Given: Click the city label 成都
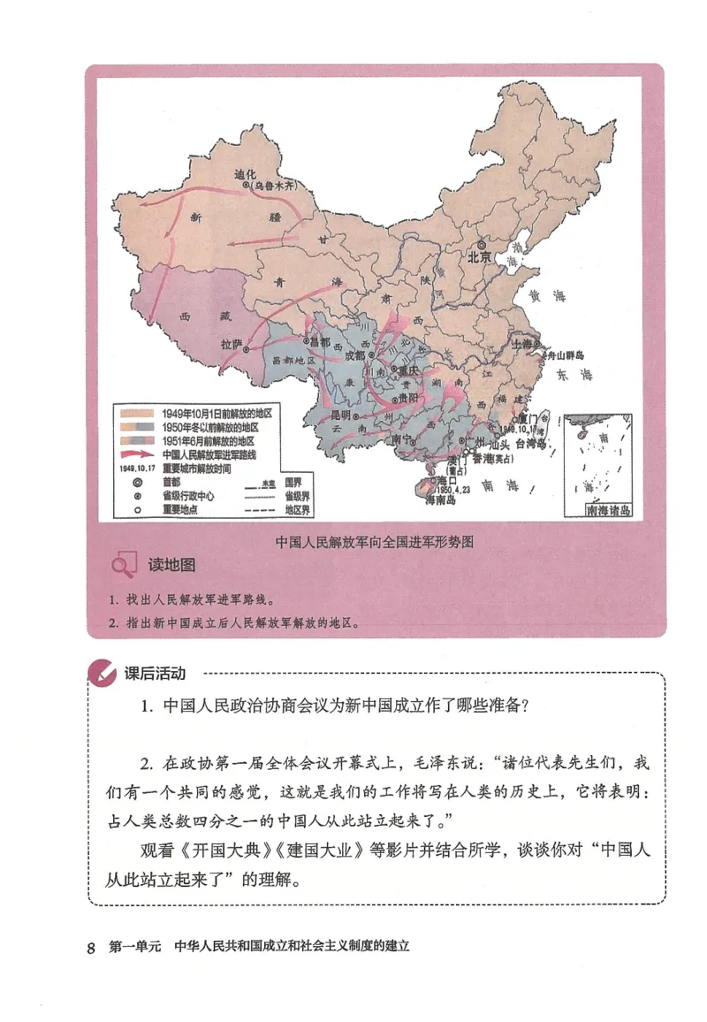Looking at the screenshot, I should (353, 355).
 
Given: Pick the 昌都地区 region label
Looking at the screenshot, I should (293, 362).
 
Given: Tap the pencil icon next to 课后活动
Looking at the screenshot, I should (103, 674).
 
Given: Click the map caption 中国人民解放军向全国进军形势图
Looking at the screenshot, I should (375, 542).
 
